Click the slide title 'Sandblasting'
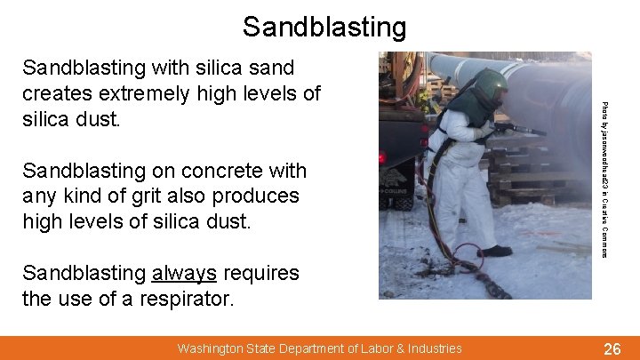324,26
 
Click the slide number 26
612,349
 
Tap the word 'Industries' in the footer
431,348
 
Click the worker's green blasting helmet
490,88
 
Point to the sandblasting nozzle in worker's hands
520,130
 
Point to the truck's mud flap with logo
395,182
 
